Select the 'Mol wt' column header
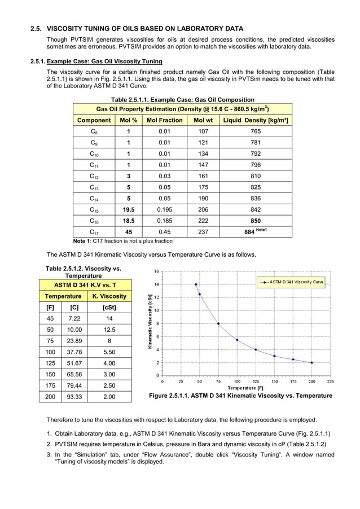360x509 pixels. (203, 120)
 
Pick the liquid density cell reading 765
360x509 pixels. (256, 131)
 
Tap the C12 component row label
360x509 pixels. (94, 177)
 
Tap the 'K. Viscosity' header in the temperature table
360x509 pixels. (109, 296)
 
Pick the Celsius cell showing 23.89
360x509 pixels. (74, 341)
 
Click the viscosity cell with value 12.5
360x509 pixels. (109, 330)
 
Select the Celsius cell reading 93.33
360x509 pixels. (74, 397)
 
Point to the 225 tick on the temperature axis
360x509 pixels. (330, 381)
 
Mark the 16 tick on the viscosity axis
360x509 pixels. (156, 271)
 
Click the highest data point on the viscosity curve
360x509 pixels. (196, 284)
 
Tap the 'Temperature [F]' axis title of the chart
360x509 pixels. (245, 388)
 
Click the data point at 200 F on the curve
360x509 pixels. (311, 363)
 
